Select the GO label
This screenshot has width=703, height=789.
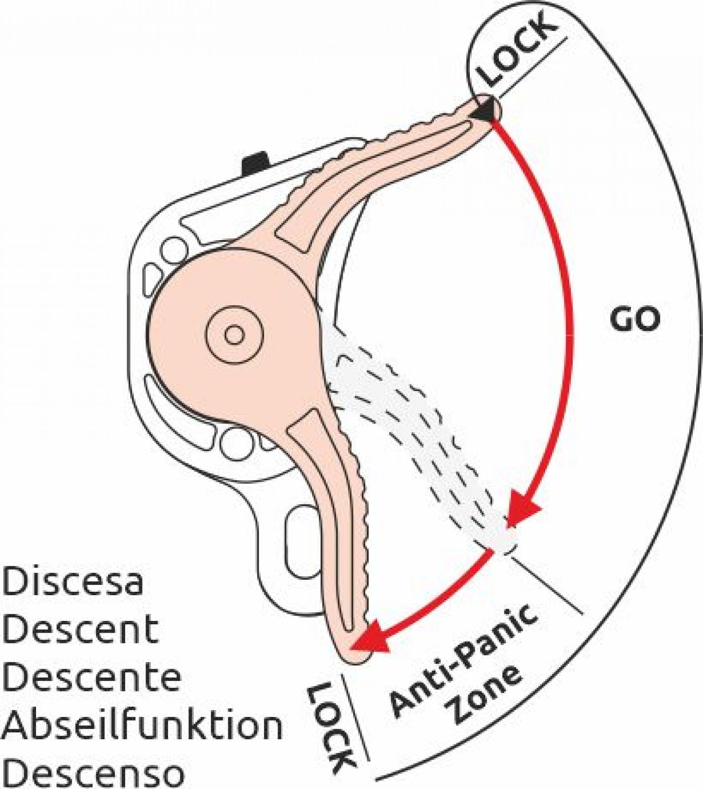[x=634, y=320]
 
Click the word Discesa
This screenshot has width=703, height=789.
[x=72, y=581]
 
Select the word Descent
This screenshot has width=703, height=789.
[x=80, y=629]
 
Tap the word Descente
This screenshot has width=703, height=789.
[x=92, y=677]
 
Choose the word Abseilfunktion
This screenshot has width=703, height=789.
[x=142, y=725]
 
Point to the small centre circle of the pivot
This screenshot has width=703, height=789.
[x=234, y=335]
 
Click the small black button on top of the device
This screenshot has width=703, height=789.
[x=255, y=162]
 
